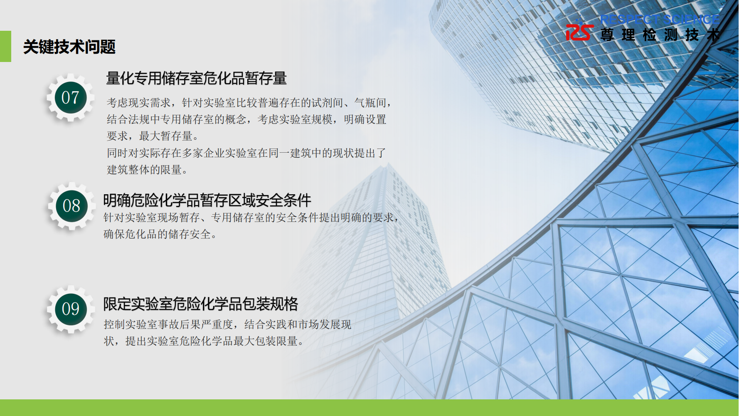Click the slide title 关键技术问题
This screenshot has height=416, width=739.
[69, 47]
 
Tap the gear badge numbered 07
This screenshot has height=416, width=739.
[70, 98]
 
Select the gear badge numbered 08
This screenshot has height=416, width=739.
[71, 206]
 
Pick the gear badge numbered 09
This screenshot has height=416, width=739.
[71, 309]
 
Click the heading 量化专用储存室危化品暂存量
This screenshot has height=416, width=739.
[196, 78]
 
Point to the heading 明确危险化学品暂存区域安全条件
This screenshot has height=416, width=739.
[207, 201]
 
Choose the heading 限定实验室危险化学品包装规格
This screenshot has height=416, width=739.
[200, 304]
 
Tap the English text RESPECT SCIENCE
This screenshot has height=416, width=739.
[660, 19]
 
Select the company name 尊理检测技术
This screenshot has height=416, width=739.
[660, 35]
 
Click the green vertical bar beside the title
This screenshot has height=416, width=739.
[5, 46]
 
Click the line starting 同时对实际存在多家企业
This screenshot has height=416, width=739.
[246, 153]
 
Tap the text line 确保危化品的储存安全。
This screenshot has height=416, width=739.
[160, 234]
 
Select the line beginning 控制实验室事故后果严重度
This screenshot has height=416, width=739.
[227, 324]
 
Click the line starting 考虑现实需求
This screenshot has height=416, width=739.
[249, 103]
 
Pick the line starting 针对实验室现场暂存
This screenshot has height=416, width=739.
[251, 218]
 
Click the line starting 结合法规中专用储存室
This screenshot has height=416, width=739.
[246, 119]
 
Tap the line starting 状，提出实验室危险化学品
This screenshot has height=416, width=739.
[204, 341]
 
